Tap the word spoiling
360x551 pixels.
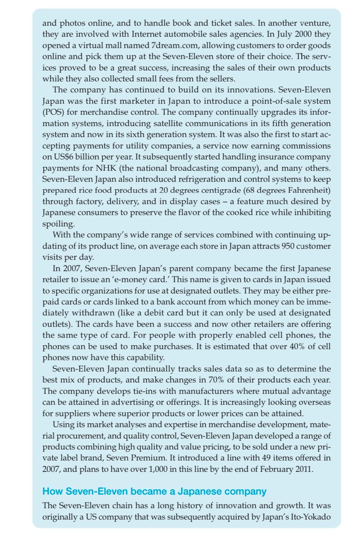click(58, 224)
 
